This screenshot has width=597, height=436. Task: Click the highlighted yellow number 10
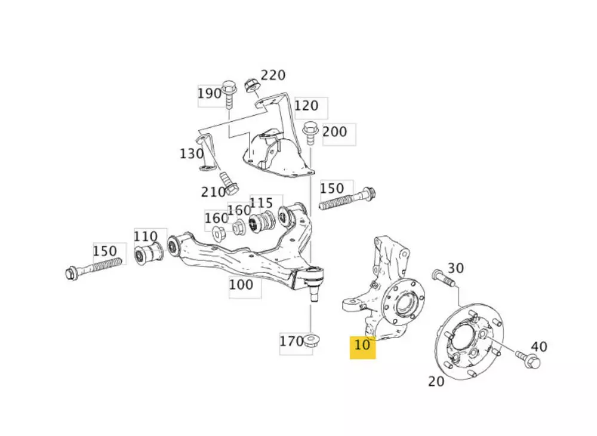pos(362,345)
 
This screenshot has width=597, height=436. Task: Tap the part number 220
pos(273,76)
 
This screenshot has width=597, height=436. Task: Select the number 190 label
pos(210,94)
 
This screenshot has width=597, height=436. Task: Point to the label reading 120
pos(306,106)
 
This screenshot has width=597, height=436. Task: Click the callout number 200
pos(334,131)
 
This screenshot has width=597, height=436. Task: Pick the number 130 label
pos(191,154)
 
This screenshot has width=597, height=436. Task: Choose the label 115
pos(261,202)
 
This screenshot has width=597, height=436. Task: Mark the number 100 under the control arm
pos(241,285)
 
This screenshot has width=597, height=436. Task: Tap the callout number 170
pos(291,342)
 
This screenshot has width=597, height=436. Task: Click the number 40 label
pos(538,346)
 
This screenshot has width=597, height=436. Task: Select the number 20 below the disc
pos(436,382)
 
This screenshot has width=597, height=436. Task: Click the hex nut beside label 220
pos(252,85)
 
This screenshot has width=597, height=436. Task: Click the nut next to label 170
pos(310,341)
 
